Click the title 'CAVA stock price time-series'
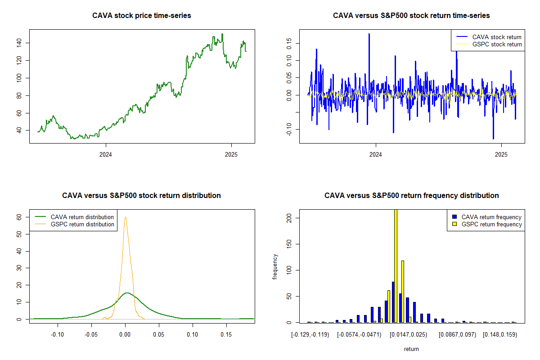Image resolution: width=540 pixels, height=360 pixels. [x=141, y=16]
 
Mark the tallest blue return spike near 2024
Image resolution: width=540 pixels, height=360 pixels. [x=369, y=34]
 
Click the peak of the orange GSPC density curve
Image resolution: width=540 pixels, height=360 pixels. [x=126, y=217]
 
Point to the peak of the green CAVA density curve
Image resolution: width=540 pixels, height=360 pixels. [x=126, y=293]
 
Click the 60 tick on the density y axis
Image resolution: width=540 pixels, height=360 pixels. [x=19, y=217]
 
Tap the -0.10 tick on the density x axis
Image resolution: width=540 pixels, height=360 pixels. [x=57, y=335]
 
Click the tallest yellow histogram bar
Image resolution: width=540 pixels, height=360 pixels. [x=396, y=265]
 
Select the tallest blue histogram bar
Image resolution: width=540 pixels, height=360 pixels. [x=393, y=302]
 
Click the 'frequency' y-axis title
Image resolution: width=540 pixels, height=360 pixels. [x=275, y=267]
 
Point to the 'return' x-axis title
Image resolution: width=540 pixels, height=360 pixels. [x=411, y=349]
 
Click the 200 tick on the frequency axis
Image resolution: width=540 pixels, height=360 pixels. [x=288, y=218]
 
